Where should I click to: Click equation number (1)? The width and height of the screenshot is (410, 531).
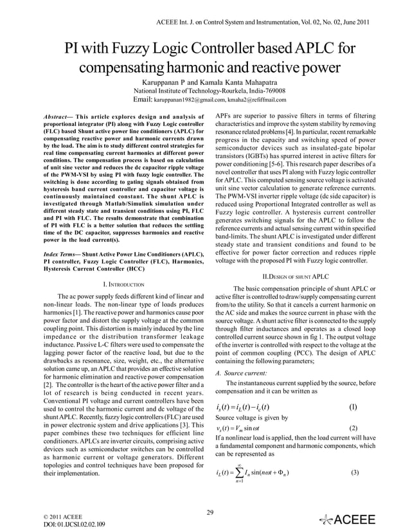coord(352,407)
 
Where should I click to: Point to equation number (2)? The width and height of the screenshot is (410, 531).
coord(352,428)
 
